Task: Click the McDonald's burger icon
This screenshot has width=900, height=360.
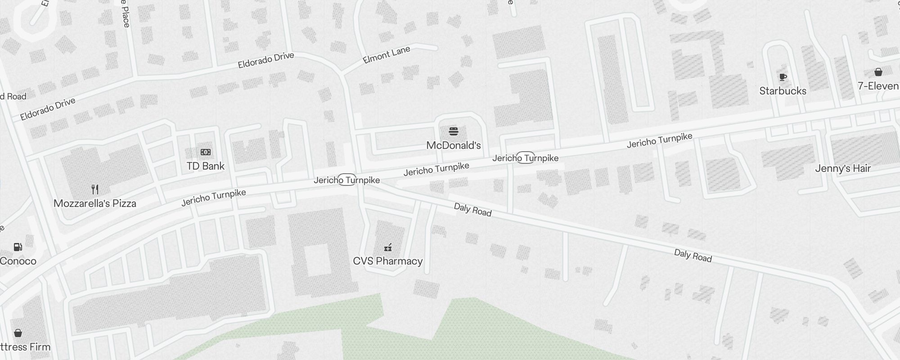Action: coord(454,131)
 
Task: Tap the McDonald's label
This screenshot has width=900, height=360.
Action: coord(454,145)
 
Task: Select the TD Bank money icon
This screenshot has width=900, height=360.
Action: coord(206,152)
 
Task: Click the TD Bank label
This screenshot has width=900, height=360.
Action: coord(206,166)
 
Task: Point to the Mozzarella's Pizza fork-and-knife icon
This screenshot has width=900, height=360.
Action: coord(95,189)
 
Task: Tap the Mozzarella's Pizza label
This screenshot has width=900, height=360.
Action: coord(95,203)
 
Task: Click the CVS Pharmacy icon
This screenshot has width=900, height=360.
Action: coord(388,247)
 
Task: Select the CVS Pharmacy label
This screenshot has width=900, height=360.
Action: coord(388,261)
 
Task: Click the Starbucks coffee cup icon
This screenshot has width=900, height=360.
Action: coord(783,77)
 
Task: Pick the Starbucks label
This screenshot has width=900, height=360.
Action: coord(783,91)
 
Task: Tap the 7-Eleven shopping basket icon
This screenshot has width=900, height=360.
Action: coord(878,72)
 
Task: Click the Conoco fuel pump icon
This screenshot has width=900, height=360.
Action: coord(18,247)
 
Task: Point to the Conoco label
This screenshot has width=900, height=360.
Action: coord(18,261)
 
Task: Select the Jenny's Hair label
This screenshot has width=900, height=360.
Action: coord(843,168)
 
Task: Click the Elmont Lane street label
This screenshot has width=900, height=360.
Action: coord(386,55)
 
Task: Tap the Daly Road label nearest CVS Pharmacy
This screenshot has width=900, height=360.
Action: coord(472,209)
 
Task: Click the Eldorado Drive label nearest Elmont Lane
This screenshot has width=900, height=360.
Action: coord(266,60)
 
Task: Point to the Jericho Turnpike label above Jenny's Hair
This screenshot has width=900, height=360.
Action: coord(659,140)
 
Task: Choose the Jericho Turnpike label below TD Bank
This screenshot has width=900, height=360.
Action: coord(214,197)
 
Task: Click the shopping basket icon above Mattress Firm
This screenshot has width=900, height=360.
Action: coord(18,333)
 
